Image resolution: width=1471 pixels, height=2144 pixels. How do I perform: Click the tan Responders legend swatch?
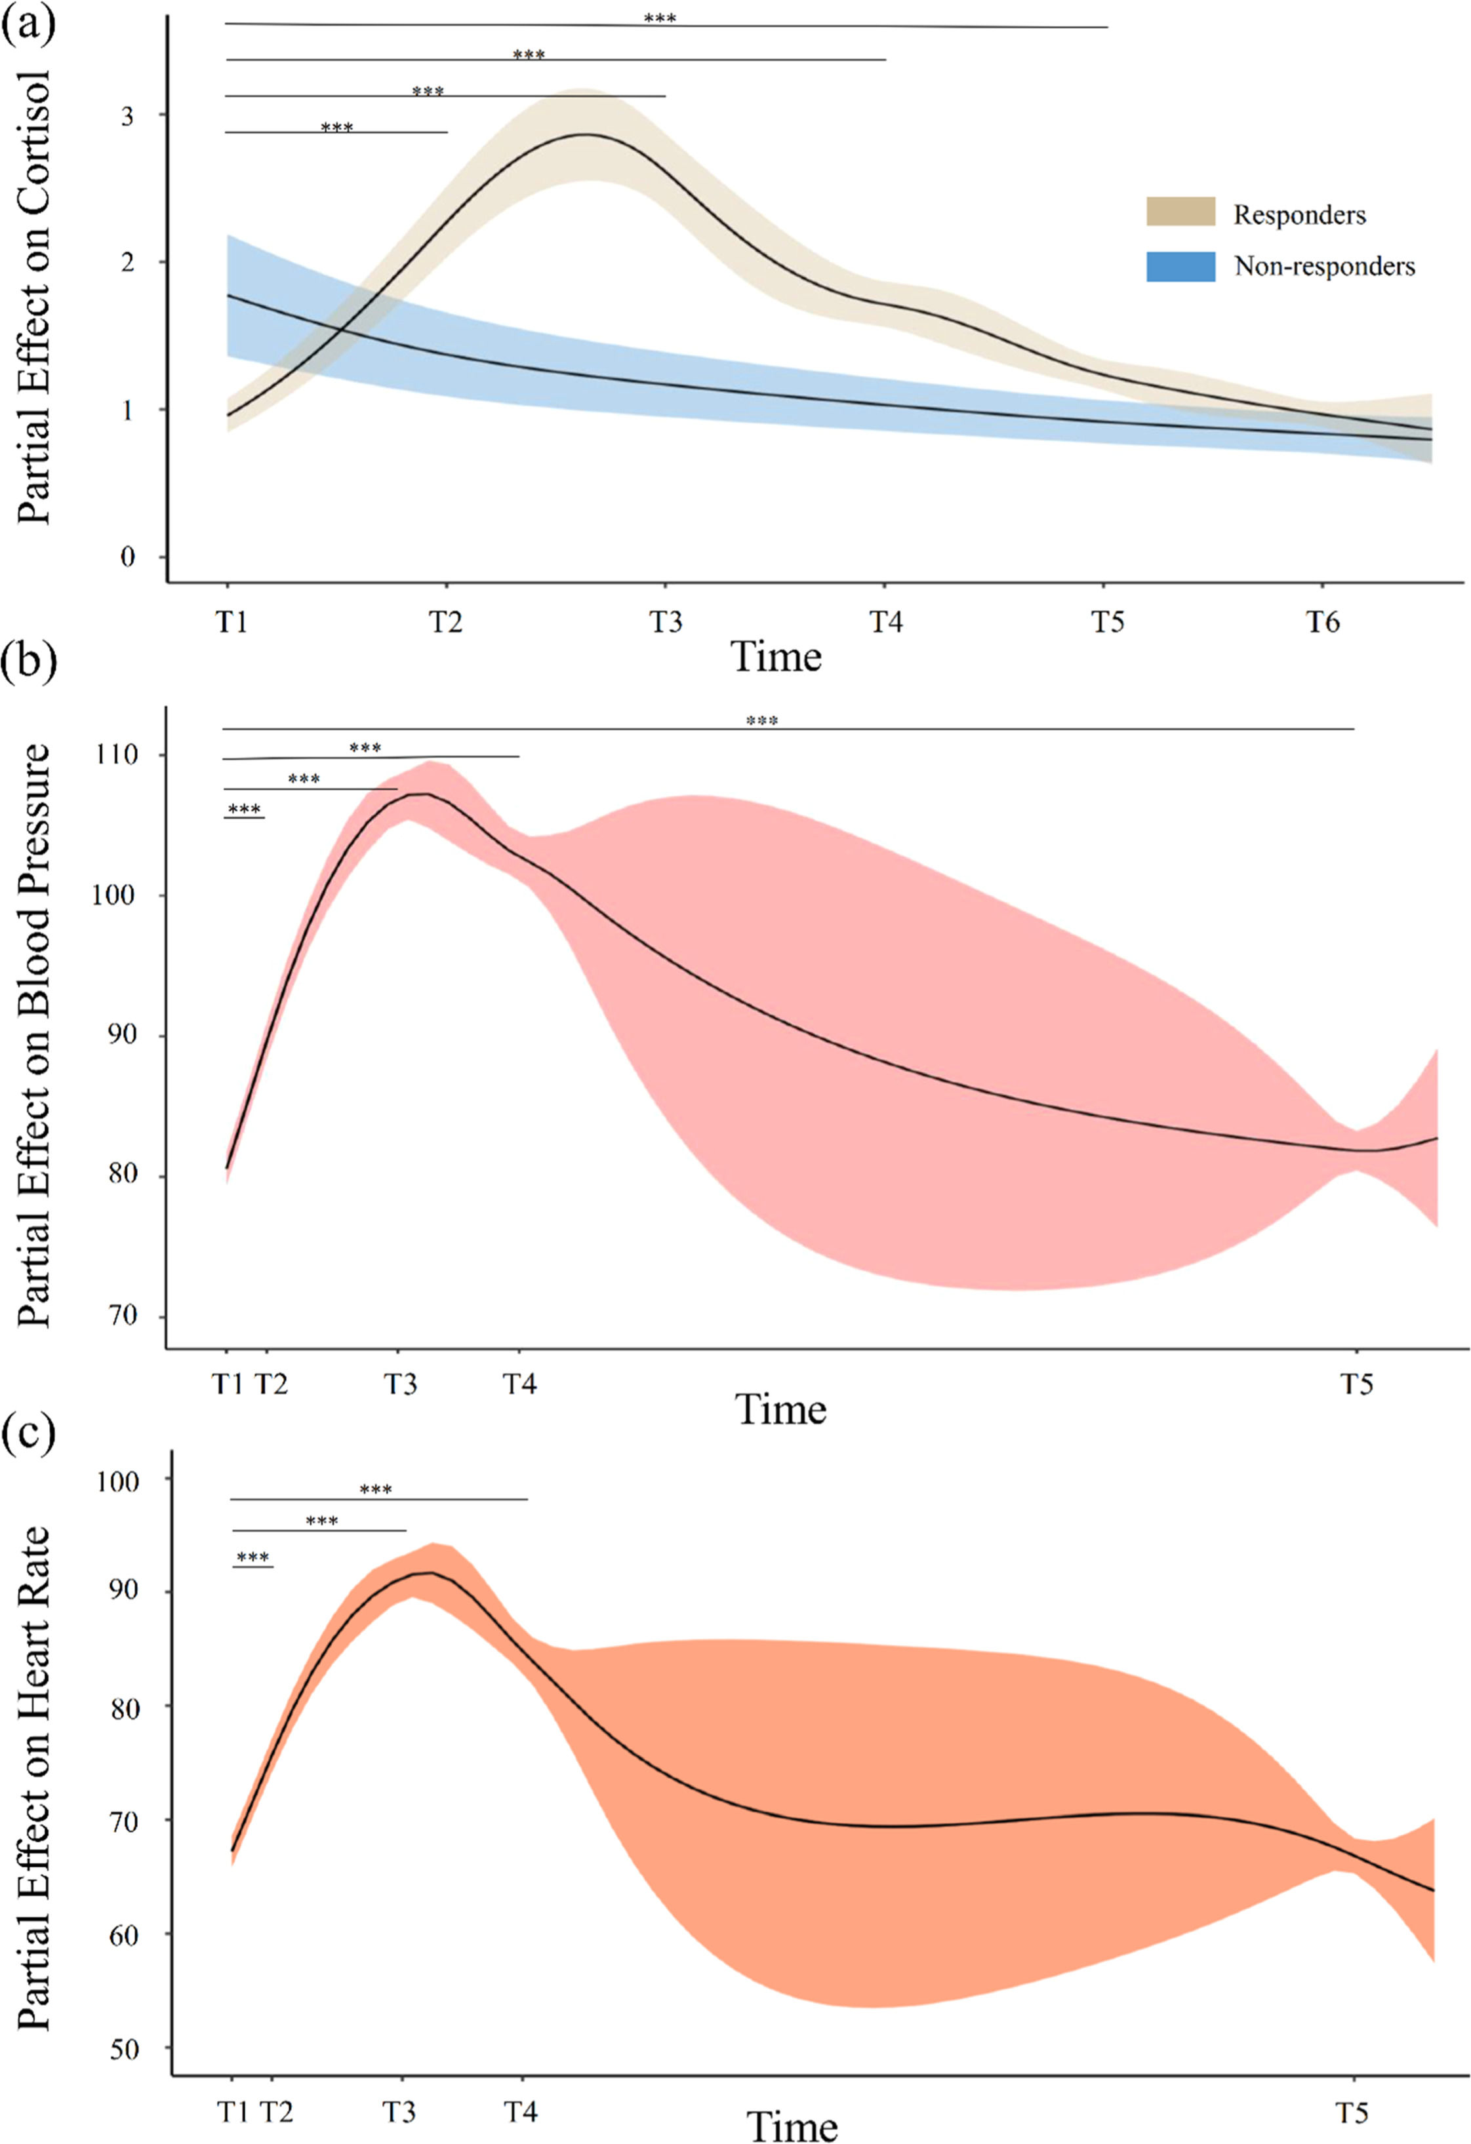point(1180,211)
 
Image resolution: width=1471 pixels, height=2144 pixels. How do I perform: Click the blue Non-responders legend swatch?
point(1180,267)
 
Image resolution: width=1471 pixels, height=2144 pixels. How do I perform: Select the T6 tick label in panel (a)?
point(1322,623)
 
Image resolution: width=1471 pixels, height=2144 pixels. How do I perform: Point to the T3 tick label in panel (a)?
point(666,623)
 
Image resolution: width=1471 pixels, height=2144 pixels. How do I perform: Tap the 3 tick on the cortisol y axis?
point(127,116)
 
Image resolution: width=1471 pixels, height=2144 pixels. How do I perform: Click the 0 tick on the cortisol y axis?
point(127,557)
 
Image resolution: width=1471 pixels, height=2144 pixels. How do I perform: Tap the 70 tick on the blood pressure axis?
point(122,1316)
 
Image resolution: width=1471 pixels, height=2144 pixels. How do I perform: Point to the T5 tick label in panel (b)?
point(1356,1384)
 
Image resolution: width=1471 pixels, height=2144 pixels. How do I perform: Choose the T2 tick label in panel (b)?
point(270,1384)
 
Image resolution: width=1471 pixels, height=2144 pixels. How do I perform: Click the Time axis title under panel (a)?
point(776,657)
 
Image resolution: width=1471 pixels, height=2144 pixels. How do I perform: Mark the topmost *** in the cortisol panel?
point(660,18)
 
